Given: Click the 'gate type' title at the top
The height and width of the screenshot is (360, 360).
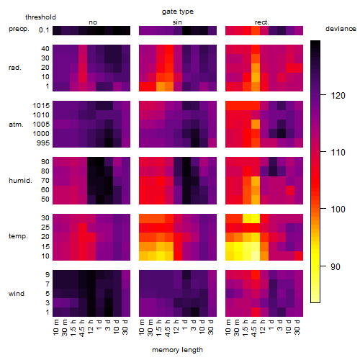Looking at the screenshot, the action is pos(178,12).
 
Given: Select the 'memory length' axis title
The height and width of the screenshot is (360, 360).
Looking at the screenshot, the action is pos(177,350).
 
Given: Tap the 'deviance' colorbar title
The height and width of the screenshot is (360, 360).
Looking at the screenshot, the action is pos(341,29).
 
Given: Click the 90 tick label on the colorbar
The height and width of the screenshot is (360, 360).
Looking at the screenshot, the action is pos(336,266).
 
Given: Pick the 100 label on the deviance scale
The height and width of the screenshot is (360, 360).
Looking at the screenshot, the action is pos(338,210).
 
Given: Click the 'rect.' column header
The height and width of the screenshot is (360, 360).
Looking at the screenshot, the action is pos(261,22).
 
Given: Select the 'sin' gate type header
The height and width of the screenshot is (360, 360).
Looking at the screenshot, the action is pos(177,22).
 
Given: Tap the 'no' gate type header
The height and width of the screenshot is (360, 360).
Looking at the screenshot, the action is pos(93,22).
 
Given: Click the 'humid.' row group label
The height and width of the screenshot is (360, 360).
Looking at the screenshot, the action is pos(20,181).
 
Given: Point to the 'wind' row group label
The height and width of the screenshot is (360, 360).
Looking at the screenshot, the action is pos(17,294).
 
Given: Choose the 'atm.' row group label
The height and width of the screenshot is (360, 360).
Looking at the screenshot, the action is pos(16,125).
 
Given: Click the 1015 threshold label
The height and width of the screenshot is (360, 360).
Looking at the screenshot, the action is pos(41,105).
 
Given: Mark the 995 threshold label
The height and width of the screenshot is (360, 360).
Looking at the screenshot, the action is pos(43,143).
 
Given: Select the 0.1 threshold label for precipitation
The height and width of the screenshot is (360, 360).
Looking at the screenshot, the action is pos(44,30).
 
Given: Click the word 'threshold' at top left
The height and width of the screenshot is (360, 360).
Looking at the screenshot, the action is pos(40,17).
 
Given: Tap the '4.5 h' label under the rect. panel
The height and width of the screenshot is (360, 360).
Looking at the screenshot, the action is pos(254,328).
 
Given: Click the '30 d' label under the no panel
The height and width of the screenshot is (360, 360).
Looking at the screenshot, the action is pos(125,327).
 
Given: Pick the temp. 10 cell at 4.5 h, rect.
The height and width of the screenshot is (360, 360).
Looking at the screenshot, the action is pos(256,256).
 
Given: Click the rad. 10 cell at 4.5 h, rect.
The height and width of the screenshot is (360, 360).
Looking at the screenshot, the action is pos(256,77).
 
